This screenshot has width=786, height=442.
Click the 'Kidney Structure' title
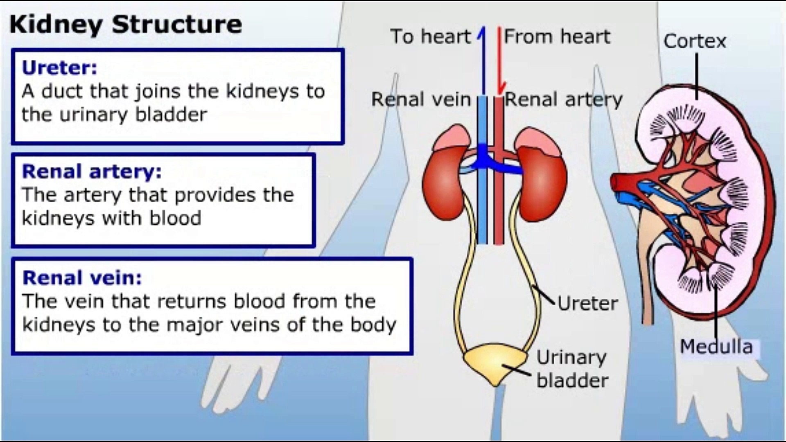click(126, 24)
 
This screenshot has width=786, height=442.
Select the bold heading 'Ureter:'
click(59, 68)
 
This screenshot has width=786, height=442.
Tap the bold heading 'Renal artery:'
click(92, 171)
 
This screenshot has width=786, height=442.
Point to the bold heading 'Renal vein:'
click(82, 278)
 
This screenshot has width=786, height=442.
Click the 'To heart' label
click(430, 36)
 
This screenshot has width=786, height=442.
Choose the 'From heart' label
click(557, 36)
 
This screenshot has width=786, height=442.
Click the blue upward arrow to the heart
click(483, 57)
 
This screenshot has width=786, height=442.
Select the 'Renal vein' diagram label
click(421, 99)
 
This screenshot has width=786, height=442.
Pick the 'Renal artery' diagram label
click(563, 100)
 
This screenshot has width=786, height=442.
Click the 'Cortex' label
click(695, 41)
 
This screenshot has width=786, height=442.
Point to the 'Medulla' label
click(716, 347)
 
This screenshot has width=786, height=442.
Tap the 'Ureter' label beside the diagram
click(587, 304)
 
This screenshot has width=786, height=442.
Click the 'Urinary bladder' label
click(572, 369)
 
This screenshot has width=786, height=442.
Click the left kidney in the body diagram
click(444, 180)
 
